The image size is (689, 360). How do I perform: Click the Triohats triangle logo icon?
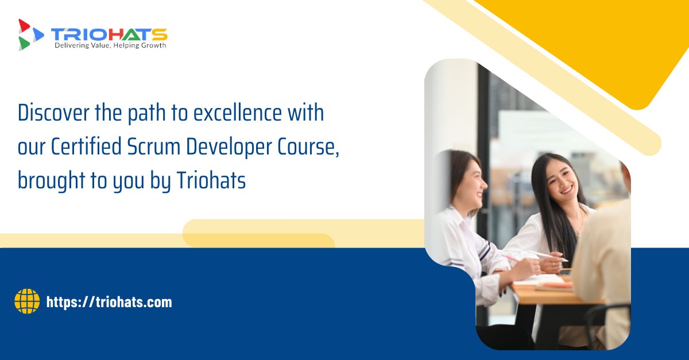coord(30,34)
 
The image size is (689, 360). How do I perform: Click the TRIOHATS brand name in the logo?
coord(109,33)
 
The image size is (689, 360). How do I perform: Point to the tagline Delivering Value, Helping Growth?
coord(110,45)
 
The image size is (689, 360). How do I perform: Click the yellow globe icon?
coord(27,301)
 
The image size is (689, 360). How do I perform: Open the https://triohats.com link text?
coord(109,302)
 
